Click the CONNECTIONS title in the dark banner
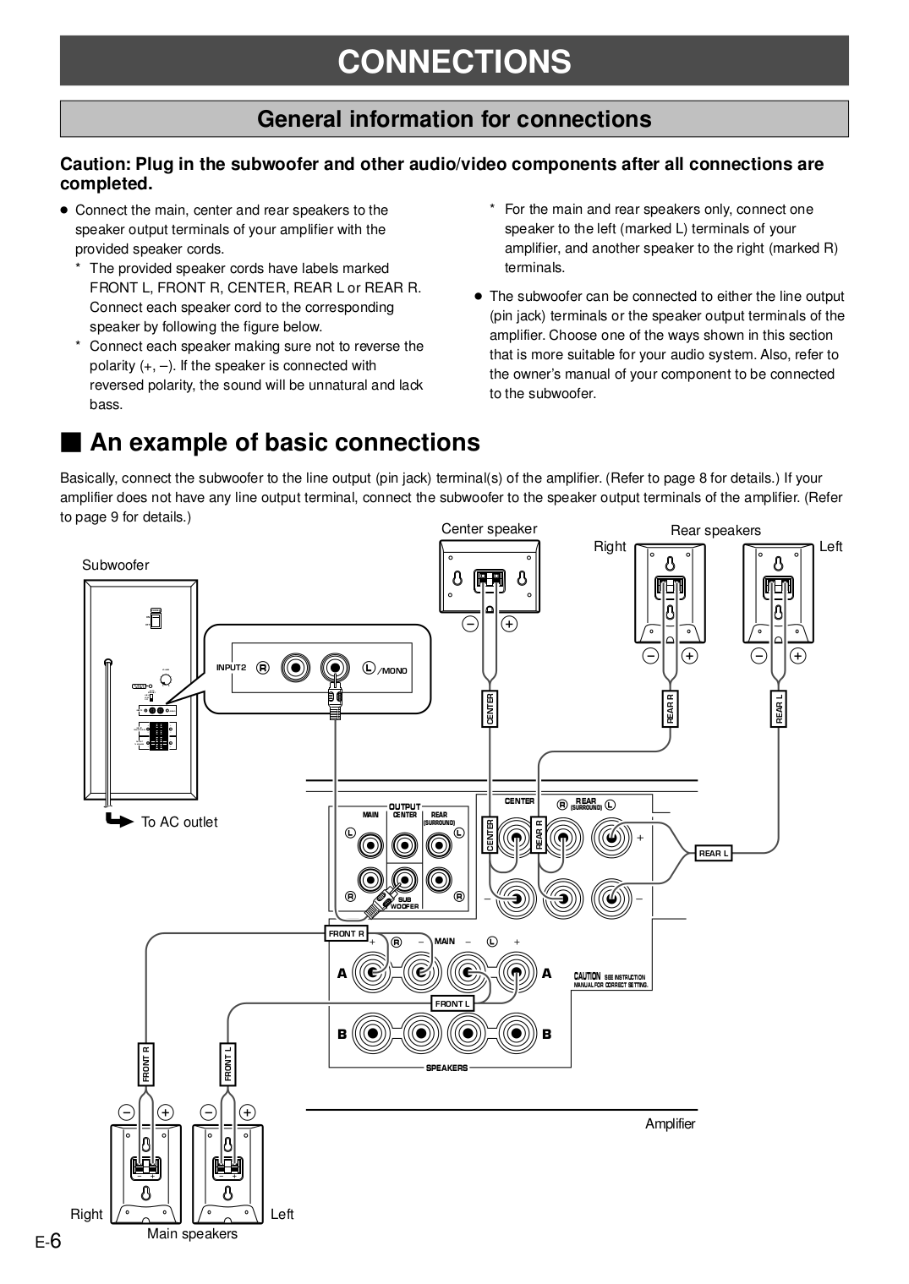(x=454, y=62)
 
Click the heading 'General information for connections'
(x=454, y=119)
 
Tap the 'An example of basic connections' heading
(x=285, y=442)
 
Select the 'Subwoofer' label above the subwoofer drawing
(x=116, y=565)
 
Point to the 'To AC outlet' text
(x=179, y=822)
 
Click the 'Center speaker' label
(x=489, y=529)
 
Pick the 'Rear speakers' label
(x=715, y=530)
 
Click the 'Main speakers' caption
(x=192, y=1233)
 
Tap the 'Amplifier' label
(x=670, y=1123)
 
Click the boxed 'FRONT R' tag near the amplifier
(x=347, y=934)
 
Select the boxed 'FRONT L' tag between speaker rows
(x=452, y=1003)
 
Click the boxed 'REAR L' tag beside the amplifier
(x=713, y=854)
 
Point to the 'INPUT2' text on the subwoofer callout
(x=230, y=668)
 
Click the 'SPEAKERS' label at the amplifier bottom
(x=446, y=1068)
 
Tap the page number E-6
(x=50, y=1241)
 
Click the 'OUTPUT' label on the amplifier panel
(x=404, y=807)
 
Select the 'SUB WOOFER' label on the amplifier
(x=405, y=903)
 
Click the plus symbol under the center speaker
(x=509, y=624)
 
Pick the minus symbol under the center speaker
(x=470, y=624)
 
